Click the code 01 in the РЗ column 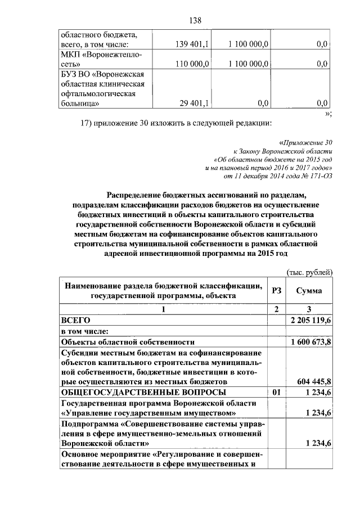[276, 392]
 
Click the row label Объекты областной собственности [128, 342]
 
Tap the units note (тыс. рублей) [310, 272]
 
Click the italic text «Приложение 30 [306, 143]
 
